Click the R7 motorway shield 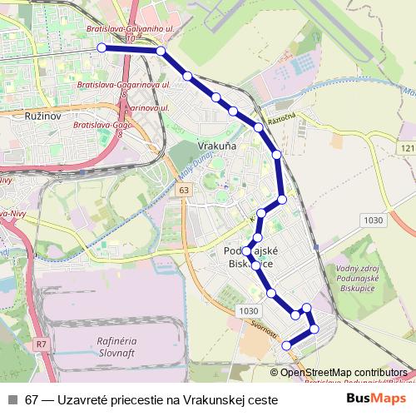tap(41, 344)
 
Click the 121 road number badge tap(407, 148)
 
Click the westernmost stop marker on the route tap(102, 48)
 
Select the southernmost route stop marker tap(287, 345)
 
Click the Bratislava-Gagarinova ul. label tap(123, 85)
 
